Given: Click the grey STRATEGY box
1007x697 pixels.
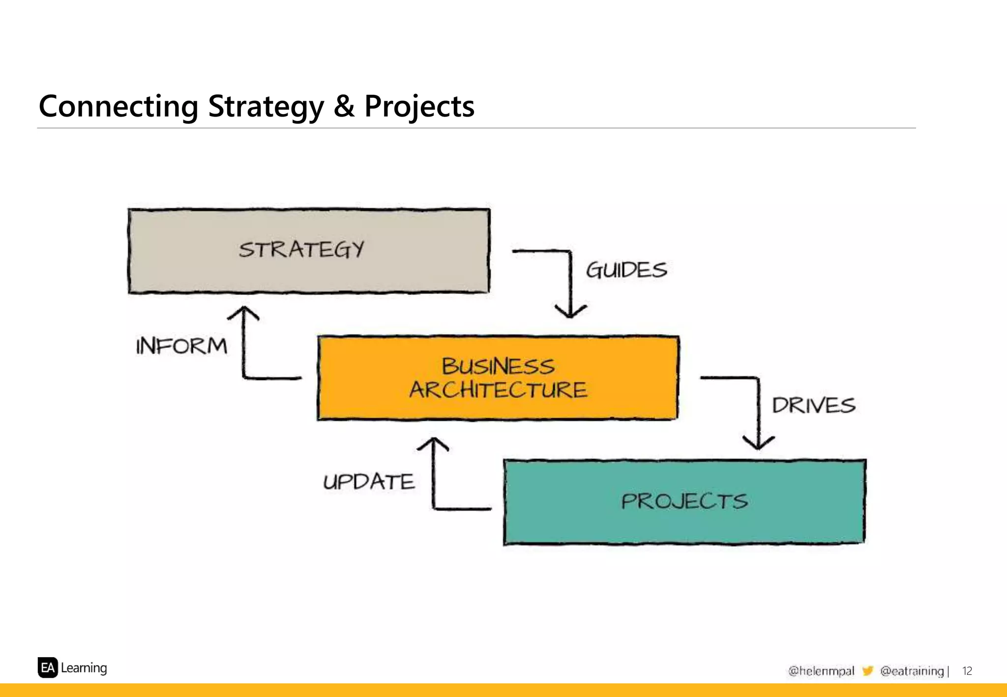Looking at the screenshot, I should coord(309,251).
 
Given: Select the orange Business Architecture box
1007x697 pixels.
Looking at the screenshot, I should coord(498,378).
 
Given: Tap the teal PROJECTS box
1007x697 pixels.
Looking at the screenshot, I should coord(684,502).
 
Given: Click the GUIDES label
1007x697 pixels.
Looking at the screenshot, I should coord(626,270).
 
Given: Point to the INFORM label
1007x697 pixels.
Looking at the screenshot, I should coord(181,346).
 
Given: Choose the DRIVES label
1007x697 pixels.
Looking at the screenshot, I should coord(813,406).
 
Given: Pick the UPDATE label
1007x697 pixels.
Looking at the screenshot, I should coord(369,482).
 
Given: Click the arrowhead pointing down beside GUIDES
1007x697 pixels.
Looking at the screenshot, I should coord(570,312).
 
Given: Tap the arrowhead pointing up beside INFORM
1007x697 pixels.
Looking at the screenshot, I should coord(243,313).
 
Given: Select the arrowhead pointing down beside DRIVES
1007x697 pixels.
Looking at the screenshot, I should coord(759,442).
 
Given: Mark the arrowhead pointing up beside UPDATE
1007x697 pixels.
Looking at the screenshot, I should coord(433,444).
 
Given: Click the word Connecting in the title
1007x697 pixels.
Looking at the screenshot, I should coord(118,106).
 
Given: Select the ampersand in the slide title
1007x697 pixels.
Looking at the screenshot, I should coord(344,106).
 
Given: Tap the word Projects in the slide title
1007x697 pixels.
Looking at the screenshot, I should coord(419,106).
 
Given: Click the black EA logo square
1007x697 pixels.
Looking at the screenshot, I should coord(48,668).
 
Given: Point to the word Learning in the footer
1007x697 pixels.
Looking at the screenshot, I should coord(84,668).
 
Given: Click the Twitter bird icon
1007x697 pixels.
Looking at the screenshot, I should coord(867,671).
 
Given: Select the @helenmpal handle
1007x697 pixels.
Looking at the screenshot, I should coord(821,671).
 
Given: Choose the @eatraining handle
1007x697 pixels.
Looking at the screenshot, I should coord(912,671).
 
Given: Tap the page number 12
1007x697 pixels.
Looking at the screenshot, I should coord(967,671).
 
